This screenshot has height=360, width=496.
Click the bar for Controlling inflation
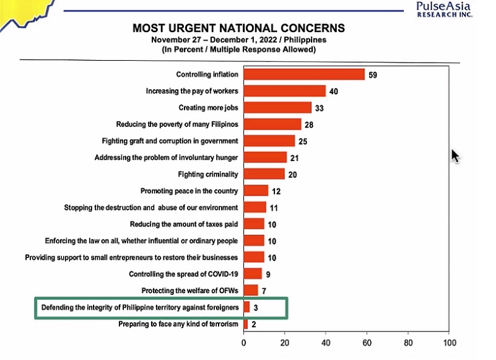pyautogui.click(x=304, y=74)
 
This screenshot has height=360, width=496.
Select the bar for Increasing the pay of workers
pyautogui.click(x=284, y=91)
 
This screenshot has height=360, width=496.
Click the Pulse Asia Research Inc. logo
pyautogui.click(x=445, y=9)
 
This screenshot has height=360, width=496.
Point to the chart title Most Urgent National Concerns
pyautogui.click(x=239, y=29)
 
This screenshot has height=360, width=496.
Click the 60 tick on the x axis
pyautogui.click(x=367, y=341)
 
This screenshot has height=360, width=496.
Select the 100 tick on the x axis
pyautogui.click(x=450, y=341)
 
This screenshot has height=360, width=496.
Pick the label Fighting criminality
pyautogui.click(x=208, y=174)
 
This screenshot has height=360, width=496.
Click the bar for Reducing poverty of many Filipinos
pyautogui.click(x=272, y=125)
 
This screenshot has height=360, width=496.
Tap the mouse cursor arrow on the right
pyautogui.click(x=456, y=155)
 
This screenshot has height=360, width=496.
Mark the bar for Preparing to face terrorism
pyautogui.click(x=246, y=323)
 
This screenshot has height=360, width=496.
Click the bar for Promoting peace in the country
pyautogui.click(x=256, y=191)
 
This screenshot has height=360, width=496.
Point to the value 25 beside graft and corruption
pyautogui.click(x=303, y=141)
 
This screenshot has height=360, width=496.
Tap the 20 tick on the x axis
pyautogui.click(x=285, y=341)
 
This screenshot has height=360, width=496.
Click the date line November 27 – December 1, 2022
pyautogui.click(x=239, y=40)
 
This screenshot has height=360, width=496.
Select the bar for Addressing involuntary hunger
pyautogui.click(x=265, y=157)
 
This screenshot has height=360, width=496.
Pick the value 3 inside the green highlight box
pyautogui.click(x=256, y=307)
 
